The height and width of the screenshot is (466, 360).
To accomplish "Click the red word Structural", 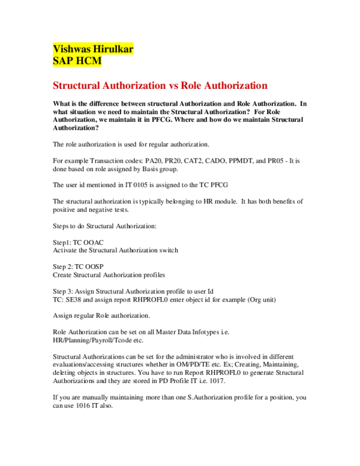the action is [x=76, y=85].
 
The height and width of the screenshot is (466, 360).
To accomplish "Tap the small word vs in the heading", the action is [x=173, y=86].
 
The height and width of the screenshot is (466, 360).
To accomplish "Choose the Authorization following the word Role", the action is [x=236, y=85].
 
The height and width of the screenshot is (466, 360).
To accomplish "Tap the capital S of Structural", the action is [x=56, y=85].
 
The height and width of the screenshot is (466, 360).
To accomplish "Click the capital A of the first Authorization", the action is [x=106, y=85].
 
